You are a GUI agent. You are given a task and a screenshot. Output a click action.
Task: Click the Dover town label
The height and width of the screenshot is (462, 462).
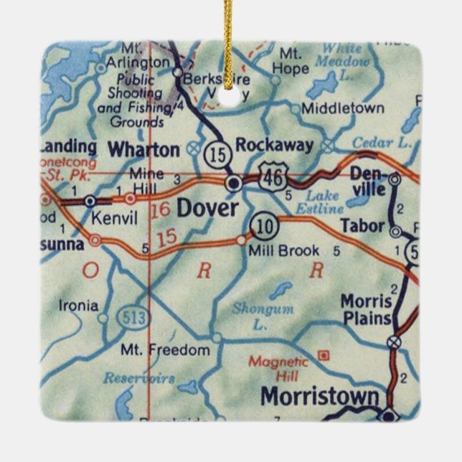click(207, 209)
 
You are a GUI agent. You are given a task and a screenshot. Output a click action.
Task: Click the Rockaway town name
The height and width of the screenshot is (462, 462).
click(275, 146)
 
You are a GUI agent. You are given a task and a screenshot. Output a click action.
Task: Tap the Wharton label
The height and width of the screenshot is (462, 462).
click(143, 149)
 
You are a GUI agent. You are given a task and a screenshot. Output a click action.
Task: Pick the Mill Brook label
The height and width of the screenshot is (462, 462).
click(283, 251)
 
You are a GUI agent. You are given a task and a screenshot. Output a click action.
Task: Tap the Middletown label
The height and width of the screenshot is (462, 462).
click(342, 108)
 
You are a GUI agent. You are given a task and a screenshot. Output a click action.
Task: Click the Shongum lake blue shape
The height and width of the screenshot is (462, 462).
click(280, 291)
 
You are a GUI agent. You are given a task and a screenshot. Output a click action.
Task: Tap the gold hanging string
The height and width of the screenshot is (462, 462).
click(230, 43)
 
